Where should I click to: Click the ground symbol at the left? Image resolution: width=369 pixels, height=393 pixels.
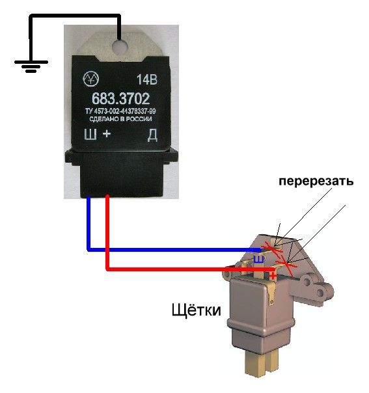point(31,66)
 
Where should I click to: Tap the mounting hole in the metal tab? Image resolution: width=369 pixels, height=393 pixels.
point(120,46)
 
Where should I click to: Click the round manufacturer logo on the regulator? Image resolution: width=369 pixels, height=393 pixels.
point(90,79)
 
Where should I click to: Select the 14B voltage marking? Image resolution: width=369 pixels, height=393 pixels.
point(147,80)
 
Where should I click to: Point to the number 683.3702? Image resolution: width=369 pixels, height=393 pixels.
point(120,98)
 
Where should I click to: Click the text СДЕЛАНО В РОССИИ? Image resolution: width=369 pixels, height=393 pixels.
point(120,119)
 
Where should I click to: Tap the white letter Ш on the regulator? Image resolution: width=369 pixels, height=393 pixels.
point(90,135)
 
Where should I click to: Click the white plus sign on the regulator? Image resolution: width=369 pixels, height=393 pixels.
point(107,133)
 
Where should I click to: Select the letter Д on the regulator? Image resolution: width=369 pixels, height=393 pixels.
point(152,135)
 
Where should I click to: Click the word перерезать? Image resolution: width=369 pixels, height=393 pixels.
point(316,182)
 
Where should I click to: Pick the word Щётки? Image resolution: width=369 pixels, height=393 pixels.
point(197,310)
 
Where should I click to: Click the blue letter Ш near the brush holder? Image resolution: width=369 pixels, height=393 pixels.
point(259,260)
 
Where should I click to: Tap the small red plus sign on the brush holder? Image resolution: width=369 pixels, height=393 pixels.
point(273,277)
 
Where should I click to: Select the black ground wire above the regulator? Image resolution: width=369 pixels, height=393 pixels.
point(75,16)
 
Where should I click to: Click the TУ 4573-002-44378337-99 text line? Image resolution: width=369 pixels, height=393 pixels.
point(120,111)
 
